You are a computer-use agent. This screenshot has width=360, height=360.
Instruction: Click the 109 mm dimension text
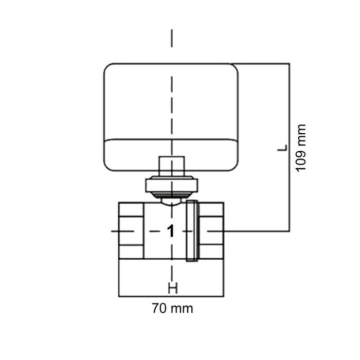point(301,148)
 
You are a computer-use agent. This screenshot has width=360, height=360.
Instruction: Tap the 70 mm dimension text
point(172,309)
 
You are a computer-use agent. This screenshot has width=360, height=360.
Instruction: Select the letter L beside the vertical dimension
point(281,148)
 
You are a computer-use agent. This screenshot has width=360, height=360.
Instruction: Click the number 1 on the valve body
point(171,231)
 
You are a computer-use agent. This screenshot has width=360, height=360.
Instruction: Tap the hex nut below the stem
point(171,186)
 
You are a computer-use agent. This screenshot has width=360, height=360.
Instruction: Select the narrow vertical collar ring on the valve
point(191,231)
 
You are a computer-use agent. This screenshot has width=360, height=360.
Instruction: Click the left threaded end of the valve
point(131,230)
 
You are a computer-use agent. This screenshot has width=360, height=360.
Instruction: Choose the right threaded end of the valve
point(212,230)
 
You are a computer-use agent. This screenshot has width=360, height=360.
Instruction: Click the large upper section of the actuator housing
point(171,101)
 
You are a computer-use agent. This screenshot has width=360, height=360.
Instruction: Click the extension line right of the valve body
point(257,231)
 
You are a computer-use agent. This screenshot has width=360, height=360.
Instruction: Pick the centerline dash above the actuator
point(171,39)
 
